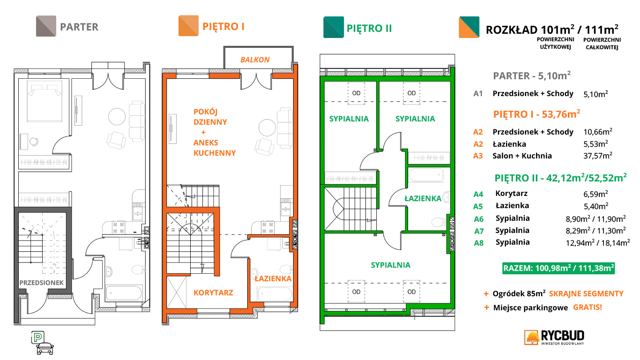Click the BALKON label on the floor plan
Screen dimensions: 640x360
[255, 60]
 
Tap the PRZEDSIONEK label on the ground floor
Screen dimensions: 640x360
[41, 283]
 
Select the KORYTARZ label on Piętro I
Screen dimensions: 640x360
[213, 292]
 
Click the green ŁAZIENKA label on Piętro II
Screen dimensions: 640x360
[423, 198]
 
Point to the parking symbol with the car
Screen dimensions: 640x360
[42, 343]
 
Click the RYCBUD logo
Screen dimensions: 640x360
[554, 337]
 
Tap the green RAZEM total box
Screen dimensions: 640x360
[558, 268]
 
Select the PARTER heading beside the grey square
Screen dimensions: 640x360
[79, 27]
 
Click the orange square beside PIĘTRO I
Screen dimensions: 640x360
[188, 26]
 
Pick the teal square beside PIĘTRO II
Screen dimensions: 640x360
[334, 27]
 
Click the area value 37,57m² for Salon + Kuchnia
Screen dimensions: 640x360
[598, 156]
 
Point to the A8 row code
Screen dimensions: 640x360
[478, 243]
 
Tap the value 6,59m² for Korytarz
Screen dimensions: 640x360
[595, 194]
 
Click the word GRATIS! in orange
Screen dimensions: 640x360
[588, 307]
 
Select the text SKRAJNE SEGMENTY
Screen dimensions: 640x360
[586, 293]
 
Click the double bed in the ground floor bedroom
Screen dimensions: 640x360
[45, 101]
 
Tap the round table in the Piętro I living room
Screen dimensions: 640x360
[267, 127]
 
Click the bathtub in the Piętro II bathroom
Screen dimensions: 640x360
[426, 175]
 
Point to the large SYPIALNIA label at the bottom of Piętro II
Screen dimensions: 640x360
[391, 265]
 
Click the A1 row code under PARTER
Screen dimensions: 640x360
[478, 93]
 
